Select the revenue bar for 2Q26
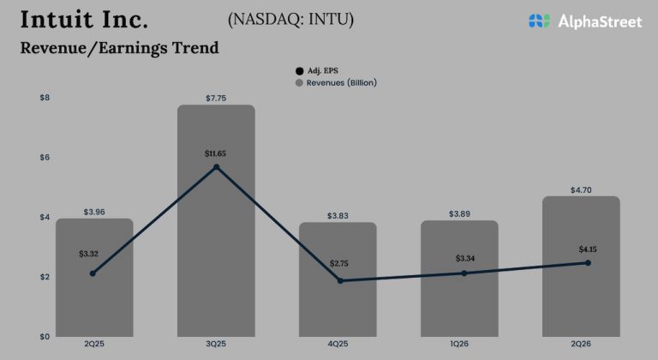tap(581, 283)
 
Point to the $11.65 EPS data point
tap(216, 166)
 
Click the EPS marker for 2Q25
tap(93, 273)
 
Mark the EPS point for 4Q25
tap(339, 280)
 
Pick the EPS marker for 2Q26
tap(587, 263)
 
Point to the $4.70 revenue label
tap(581, 189)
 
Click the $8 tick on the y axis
tap(45, 98)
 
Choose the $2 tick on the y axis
tap(45, 277)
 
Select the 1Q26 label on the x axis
tap(461, 345)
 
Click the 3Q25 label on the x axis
tap(216, 345)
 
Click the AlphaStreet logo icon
tap(539, 21)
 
